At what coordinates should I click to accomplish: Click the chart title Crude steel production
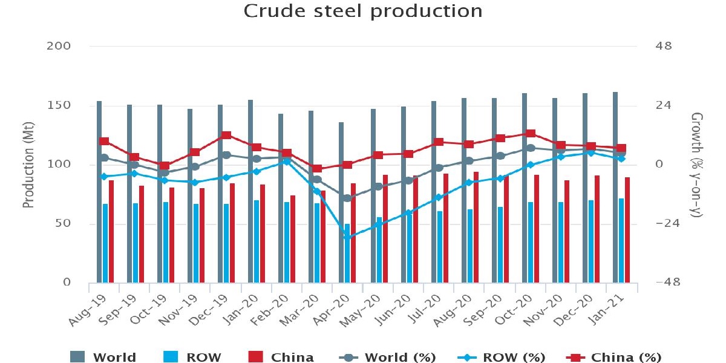pyautogui.click(x=363, y=11)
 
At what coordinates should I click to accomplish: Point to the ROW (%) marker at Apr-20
pyautogui.click(x=347, y=237)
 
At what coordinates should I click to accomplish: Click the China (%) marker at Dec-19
pyautogui.click(x=226, y=135)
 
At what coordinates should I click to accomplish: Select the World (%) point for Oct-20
pyautogui.click(x=531, y=148)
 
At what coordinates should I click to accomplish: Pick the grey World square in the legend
pyautogui.click(x=79, y=356)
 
